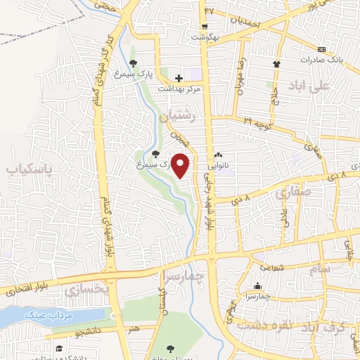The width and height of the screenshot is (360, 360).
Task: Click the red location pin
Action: tap(181, 165)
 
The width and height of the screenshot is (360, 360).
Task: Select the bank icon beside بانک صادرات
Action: tap(321, 49)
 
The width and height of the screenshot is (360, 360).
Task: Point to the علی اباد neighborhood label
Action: tap(308, 86)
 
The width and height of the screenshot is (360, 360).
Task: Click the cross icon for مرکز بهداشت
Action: tap(179, 78)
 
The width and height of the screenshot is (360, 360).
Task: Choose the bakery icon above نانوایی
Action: tap(218, 156)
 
